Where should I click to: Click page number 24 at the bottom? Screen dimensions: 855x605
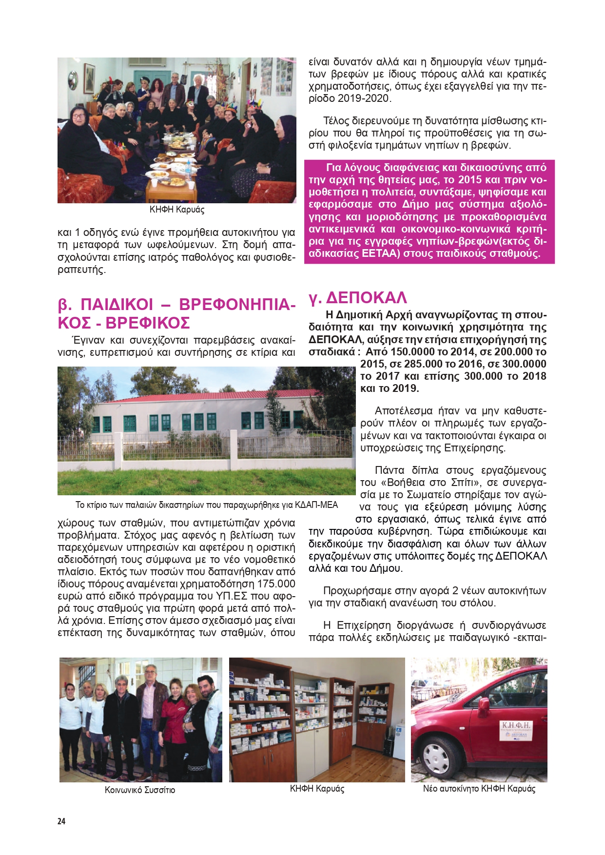coord(61,821)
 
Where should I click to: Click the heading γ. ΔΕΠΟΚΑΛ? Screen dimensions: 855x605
coord(357,297)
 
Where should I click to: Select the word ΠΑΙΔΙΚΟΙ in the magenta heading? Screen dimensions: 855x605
coord(117,305)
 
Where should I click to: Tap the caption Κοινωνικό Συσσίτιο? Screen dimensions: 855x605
coord(140,790)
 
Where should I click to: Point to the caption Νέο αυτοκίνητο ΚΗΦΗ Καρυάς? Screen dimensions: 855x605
coord(479,788)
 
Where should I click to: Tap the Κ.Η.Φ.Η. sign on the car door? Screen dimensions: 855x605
coord(516,729)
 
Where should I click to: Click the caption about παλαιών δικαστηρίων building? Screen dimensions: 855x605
coord(206,505)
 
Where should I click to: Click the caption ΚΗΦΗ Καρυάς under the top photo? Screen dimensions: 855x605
coord(176,210)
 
